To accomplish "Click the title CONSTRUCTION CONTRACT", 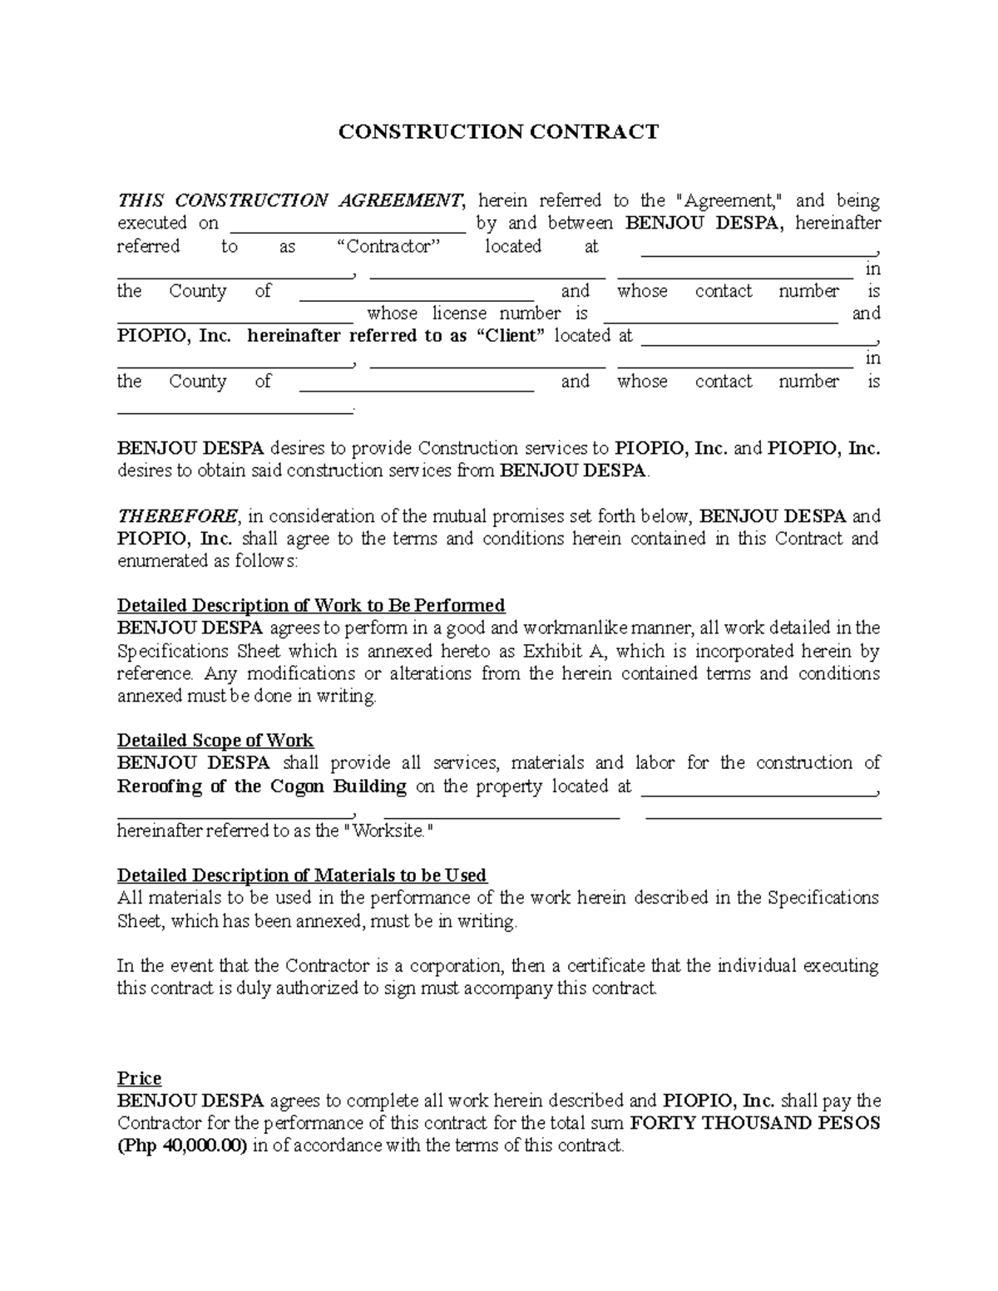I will (x=497, y=132).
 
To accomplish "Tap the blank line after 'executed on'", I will (x=347, y=224).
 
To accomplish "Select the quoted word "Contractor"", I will (x=390, y=246).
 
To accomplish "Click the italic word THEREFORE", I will (x=177, y=516).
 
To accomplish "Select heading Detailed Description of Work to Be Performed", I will (x=311, y=605).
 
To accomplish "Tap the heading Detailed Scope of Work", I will (x=215, y=741).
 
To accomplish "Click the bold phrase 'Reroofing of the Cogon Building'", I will (x=262, y=786).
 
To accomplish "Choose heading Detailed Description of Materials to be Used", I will (x=302, y=875).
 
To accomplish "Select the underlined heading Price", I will (x=139, y=1078).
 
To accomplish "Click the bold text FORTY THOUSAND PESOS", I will (x=755, y=1124).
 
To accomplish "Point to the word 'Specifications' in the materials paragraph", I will (x=823, y=898).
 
